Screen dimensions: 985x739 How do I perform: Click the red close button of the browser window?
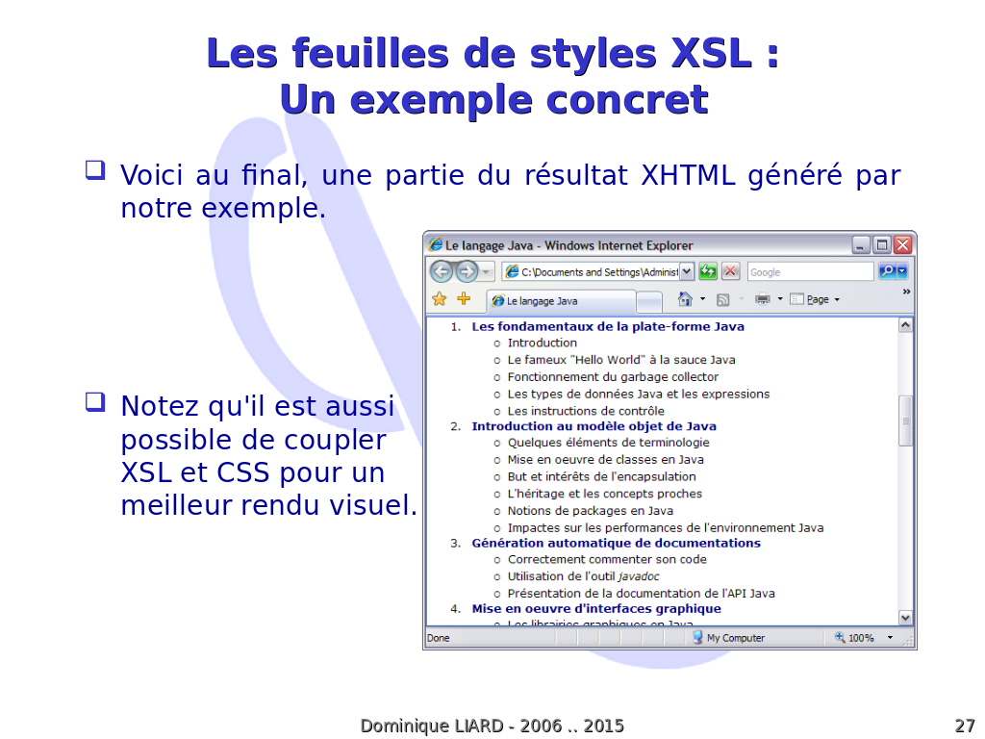902,244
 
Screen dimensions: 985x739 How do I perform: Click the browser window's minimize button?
861,244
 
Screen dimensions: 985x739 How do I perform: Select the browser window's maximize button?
882,244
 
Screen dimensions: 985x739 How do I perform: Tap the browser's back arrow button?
442,271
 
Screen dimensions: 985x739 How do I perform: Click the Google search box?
810,272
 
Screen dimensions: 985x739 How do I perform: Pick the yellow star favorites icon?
439,299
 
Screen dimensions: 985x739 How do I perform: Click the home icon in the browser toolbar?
685,299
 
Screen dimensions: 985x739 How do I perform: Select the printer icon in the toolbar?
763,299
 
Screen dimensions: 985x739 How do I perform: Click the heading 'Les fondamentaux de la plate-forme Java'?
608,327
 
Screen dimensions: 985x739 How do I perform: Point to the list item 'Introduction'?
543,344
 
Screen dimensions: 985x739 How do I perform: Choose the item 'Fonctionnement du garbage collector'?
613,377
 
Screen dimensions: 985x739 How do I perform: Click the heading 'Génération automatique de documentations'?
617,543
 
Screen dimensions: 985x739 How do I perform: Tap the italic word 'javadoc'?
639,577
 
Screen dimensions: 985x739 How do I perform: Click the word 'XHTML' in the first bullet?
688,175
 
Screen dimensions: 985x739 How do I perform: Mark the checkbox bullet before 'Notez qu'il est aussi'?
95,402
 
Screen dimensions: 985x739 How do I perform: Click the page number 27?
964,726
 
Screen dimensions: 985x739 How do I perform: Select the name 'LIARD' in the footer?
479,726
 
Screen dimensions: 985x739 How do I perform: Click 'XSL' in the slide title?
711,53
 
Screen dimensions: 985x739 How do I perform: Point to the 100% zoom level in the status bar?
861,638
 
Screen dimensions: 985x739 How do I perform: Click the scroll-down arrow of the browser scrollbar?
905,618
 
